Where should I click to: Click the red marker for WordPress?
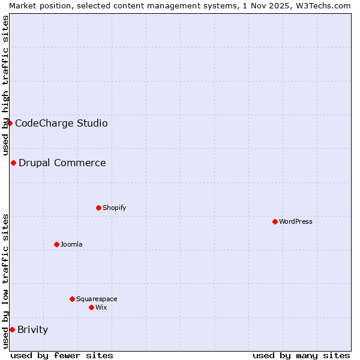[275, 221]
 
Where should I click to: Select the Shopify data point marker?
[98, 208]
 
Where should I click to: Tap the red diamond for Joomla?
[56, 244]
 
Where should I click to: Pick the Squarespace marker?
[72, 299]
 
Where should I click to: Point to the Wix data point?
[91, 307]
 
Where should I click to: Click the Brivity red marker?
[12, 329]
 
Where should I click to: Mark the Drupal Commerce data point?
[13, 163]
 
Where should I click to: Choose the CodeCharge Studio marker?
[10, 123]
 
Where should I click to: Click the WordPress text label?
[296, 221]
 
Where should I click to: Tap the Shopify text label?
[115, 208]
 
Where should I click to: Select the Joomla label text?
[71, 244]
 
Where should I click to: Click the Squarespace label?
[97, 299]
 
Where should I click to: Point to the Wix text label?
[101, 307]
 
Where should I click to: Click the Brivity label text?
[33, 329]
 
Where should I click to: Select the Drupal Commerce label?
[62, 163]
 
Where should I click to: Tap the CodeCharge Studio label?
[61, 123]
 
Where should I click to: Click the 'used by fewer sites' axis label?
[62, 355]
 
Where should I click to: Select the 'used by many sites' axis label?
[301, 355]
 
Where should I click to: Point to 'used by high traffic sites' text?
[5, 85]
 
